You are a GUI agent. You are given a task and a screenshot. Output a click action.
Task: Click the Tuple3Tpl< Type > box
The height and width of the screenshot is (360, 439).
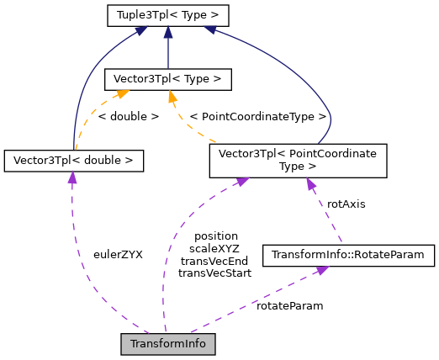click(167, 15)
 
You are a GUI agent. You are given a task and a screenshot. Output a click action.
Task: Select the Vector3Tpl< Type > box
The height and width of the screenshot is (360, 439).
click(167, 80)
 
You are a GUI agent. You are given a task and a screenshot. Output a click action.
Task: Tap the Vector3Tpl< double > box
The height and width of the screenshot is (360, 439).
click(73, 160)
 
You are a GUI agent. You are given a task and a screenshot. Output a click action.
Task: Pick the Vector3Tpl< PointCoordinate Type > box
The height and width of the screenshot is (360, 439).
click(298, 161)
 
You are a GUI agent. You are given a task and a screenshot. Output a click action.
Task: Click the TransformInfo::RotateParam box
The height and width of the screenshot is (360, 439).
click(348, 254)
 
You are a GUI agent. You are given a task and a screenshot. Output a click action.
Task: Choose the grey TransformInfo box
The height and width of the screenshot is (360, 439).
click(168, 343)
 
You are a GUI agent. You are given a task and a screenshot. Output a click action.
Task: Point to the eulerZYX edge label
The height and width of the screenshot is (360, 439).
click(117, 254)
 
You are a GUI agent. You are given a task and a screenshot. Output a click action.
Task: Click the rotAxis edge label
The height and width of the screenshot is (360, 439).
click(346, 204)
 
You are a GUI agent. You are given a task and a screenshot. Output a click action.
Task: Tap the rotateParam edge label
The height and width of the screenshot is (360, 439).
click(289, 305)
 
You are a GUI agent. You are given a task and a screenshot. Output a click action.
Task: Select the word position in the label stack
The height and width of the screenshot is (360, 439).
click(215, 236)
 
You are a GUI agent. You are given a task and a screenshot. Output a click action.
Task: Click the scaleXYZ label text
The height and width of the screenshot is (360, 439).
click(215, 249)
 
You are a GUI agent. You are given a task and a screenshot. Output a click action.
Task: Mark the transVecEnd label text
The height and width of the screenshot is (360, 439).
click(215, 261)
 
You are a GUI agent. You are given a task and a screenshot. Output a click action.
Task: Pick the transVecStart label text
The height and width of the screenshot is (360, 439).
click(215, 273)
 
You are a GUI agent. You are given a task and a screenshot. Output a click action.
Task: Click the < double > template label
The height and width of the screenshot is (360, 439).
click(128, 116)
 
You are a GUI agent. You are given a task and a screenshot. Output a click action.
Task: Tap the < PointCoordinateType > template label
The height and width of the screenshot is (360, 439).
click(257, 116)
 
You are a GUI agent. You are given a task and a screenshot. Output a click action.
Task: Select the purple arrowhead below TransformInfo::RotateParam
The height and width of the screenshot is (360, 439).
click(320, 270)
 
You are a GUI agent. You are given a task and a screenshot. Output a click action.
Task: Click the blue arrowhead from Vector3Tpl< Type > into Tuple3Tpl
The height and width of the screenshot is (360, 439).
click(168, 31)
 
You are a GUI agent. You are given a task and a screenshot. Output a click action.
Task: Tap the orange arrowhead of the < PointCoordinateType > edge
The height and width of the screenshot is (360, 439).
click(172, 97)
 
